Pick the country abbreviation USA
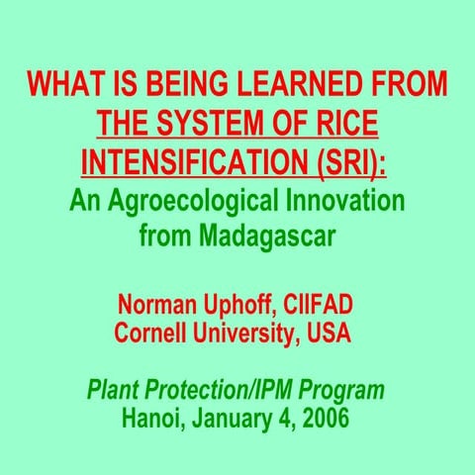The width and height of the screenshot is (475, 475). pyautogui.click(x=328, y=332)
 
